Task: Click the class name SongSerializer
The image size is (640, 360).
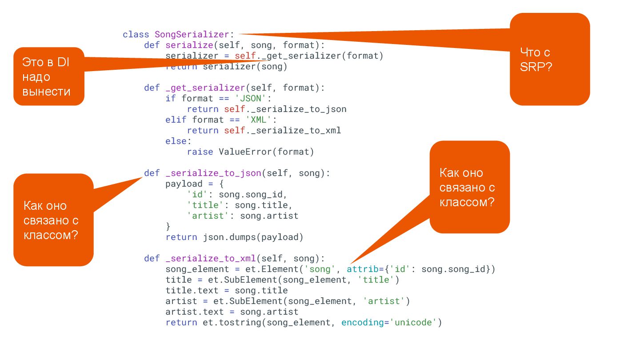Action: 192,34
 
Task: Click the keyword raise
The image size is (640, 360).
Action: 200,152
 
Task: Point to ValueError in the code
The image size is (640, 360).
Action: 244,152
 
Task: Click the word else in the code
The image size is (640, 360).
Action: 176,141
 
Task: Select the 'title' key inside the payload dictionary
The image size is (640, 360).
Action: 203,205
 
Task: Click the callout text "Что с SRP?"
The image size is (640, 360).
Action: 536,59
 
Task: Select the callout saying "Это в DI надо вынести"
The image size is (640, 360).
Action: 47,77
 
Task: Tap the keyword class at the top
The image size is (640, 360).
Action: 136,34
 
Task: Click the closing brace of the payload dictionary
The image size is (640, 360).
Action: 168,226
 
